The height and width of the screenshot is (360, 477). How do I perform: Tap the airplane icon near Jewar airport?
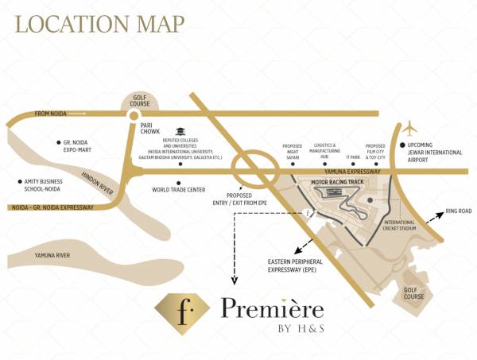(409, 127)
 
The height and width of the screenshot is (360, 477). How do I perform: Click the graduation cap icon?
(180, 131)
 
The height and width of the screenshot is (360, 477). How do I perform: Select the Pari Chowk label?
(151, 129)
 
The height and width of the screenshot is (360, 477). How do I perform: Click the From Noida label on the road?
(52, 114)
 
